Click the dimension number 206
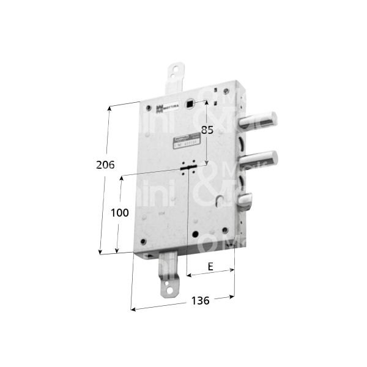coord(105,165)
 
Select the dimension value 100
coord(121,212)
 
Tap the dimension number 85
coord(207,130)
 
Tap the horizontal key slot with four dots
coord(188,166)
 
